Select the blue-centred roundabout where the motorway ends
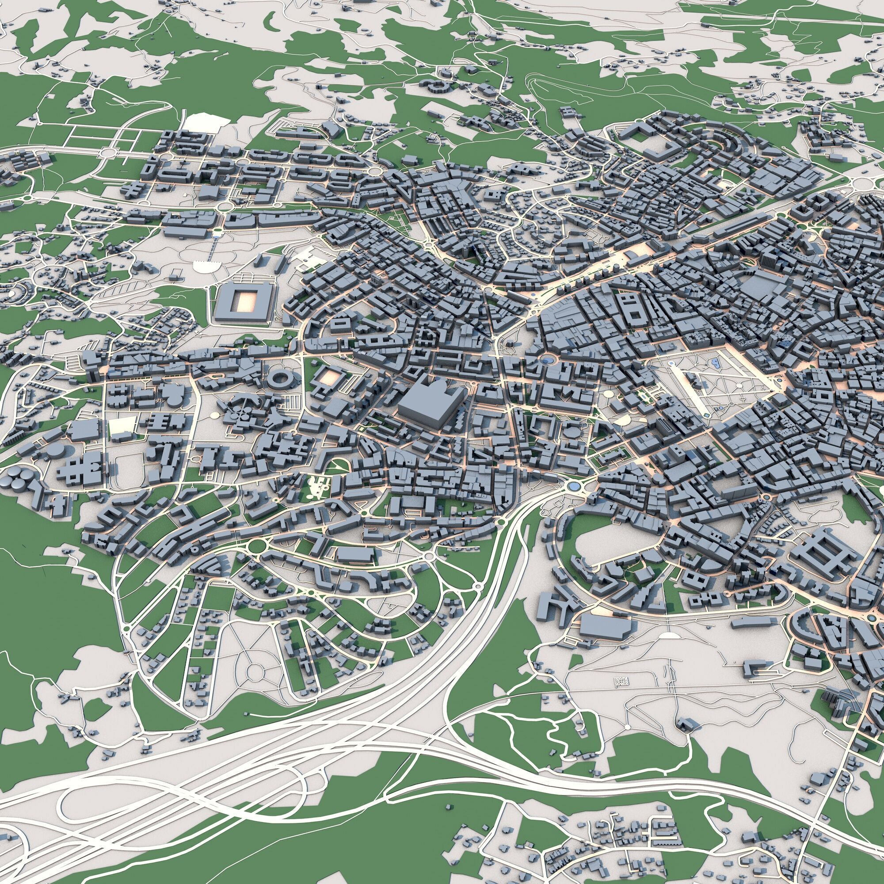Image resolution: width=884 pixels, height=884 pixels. click(572, 485)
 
